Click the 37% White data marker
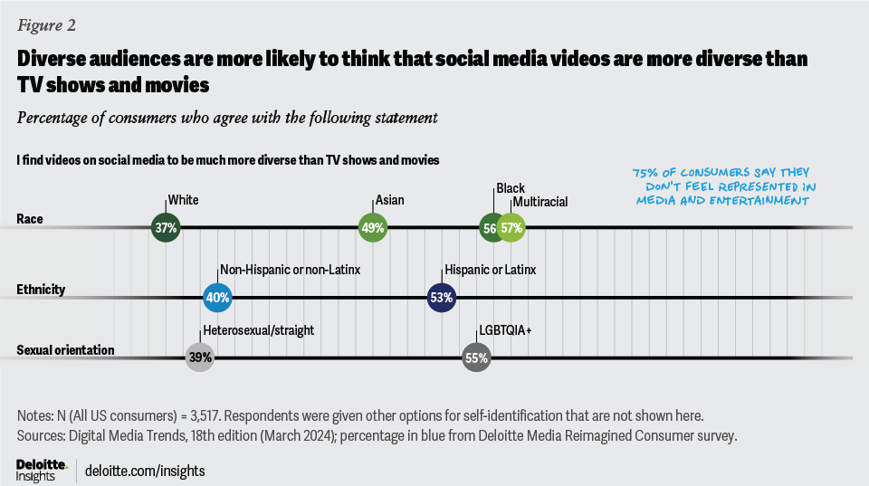pos(165,228)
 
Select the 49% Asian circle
pos(373,228)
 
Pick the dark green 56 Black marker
pos(490,228)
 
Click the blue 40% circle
pos(218,296)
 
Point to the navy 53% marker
pos(442,296)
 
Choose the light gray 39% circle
pos(200,357)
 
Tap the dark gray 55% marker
pos(476,357)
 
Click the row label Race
pos(29,219)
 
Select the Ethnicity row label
pos(40,290)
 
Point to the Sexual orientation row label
pos(65,350)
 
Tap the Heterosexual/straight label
pos(258,330)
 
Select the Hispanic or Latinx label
pos(490,269)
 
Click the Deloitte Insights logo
pos(42,469)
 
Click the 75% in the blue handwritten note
pos(645,172)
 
